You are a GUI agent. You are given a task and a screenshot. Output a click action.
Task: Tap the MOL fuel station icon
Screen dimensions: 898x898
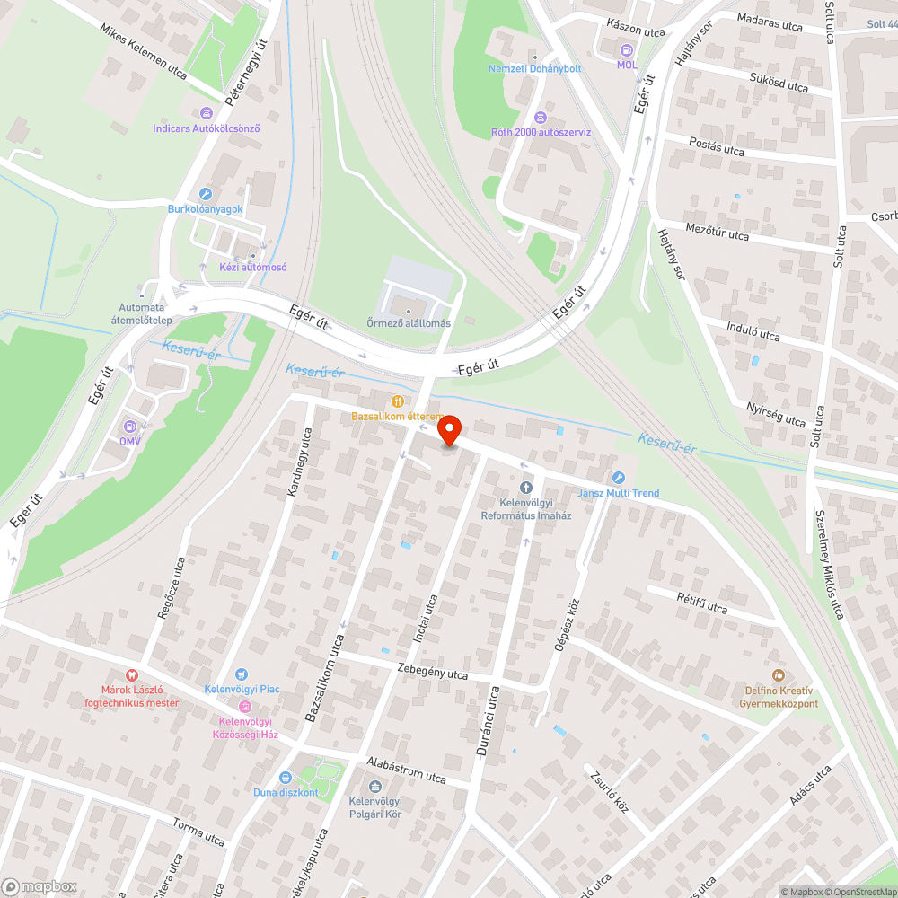[x=627, y=52]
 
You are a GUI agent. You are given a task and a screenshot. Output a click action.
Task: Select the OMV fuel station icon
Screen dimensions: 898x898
[x=130, y=427]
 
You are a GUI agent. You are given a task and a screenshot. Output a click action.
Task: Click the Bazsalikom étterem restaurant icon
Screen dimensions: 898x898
[x=397, y=401]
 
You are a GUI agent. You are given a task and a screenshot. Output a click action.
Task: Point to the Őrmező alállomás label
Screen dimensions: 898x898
[x=409, y=323]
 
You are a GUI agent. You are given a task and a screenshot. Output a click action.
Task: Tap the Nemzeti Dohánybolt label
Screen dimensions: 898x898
[x=534, y=68]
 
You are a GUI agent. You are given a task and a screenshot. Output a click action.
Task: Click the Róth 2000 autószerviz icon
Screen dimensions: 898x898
[x=541, y=118]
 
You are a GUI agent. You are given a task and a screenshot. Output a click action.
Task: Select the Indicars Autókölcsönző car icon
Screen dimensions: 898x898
[x=207, y=113]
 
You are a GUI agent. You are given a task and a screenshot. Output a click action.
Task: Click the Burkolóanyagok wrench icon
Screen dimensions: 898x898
[x=206, y=194]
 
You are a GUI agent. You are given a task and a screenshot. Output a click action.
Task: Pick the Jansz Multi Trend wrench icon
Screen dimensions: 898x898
[x=618, y=478]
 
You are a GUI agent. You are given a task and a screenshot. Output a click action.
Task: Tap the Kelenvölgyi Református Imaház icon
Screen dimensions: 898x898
[x=526, y=488]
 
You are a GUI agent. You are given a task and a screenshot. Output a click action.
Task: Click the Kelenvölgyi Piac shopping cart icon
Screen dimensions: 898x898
[x=241, y=674]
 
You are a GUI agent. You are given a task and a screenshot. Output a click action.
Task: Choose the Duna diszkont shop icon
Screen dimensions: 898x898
[x=286, y=778]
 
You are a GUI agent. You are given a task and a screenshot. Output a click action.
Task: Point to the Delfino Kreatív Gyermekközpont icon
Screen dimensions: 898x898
[x=779, y=675]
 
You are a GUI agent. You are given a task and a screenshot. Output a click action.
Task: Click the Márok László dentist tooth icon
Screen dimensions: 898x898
[x=132, y=675]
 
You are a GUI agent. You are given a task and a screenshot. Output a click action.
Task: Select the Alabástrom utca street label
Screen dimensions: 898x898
[x=406, y=770]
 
